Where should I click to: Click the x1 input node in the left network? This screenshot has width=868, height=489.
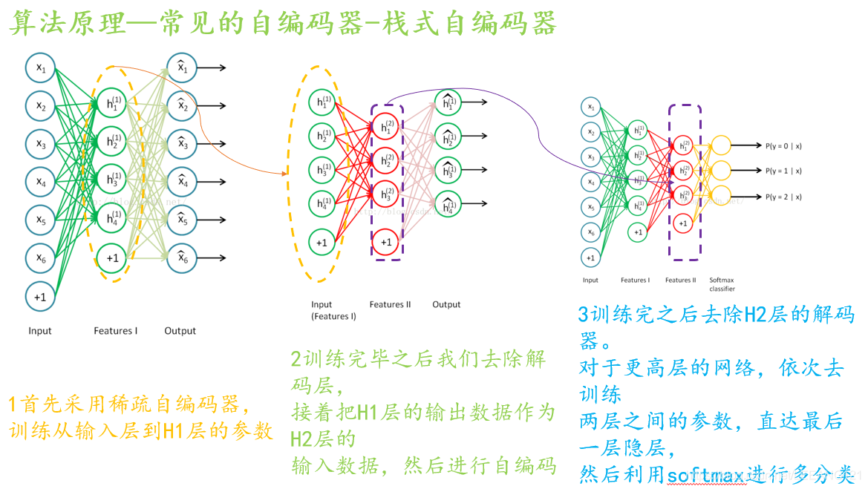point(40,68)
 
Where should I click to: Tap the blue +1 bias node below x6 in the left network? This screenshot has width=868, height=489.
point(40,296)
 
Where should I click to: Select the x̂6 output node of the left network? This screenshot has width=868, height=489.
point(181,257)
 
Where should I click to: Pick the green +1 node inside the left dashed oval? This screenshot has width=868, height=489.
point(111,257)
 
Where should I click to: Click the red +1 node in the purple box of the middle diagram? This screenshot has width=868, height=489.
point(386,241)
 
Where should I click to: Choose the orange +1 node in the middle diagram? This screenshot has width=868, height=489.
point(322,241)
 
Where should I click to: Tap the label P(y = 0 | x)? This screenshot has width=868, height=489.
point(783,146)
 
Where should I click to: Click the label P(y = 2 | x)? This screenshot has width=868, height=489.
point(783,197)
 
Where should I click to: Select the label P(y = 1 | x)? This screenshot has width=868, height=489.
point(783,171)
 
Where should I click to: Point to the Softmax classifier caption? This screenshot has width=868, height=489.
point(722,284)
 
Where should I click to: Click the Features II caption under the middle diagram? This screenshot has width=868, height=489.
point(390,305)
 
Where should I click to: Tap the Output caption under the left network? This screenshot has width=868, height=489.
point(180,331)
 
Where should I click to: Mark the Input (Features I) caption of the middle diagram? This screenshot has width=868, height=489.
point(333,310)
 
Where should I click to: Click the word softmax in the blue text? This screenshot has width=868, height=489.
point(706,473)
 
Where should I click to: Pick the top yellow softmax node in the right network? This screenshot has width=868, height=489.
point(721,145)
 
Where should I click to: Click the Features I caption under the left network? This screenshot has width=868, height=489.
point(116,331)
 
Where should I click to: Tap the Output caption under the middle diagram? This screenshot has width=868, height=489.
point(446,305)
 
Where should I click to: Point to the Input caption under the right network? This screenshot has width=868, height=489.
point(590,280)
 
